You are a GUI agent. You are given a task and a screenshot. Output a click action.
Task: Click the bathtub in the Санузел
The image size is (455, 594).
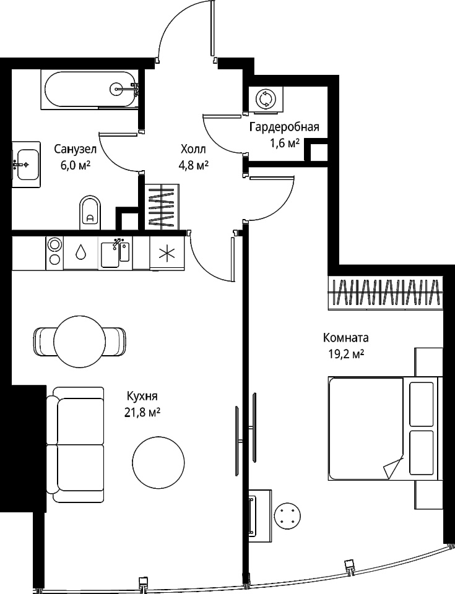click(89, 90)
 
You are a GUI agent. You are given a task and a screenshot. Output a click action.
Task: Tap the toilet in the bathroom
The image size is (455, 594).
click(90, 213)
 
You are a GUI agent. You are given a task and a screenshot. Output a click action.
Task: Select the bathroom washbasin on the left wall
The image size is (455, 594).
click(26, 165)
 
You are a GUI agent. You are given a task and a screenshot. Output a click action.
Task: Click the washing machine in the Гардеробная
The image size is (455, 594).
click(266, 99)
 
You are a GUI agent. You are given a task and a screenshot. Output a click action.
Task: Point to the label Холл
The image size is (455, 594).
click(193, 149)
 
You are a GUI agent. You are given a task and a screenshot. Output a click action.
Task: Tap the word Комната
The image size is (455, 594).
click(345, 337)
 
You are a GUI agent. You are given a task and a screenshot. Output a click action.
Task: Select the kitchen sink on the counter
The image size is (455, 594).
click(115, 252)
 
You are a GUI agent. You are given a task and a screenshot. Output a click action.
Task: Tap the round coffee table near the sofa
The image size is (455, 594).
click(158, 462)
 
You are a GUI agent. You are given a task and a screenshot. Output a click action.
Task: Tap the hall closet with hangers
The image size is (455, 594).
click(162, 207)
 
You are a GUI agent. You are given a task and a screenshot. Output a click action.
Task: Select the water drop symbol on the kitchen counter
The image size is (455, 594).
click(80, 252)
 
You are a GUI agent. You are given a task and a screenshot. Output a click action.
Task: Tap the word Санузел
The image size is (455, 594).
click(76, 149)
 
